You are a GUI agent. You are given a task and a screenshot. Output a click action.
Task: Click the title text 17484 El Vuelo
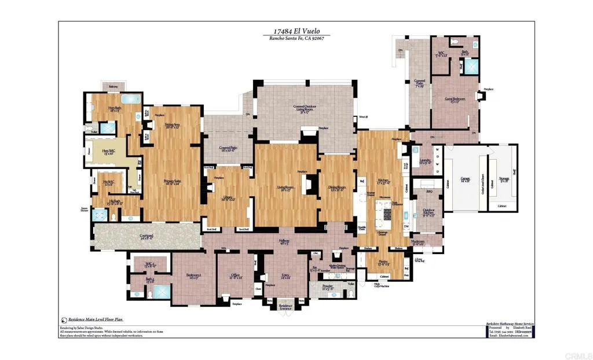[x=296, y=32]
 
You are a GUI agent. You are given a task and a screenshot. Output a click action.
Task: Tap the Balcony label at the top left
[x=112, y=87]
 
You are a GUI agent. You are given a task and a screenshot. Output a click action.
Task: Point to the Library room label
[x=228, y=198]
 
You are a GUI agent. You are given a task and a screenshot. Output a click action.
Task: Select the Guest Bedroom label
[x=455, y=100]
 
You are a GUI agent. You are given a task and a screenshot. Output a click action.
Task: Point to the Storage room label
[x=504, y=179]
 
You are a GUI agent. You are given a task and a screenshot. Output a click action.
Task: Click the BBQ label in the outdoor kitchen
[x=429, y=191]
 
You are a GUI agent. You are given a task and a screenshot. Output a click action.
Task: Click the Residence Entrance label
[x=285, y=307]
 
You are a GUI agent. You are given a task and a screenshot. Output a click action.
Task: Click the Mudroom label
[x=418, y=243]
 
